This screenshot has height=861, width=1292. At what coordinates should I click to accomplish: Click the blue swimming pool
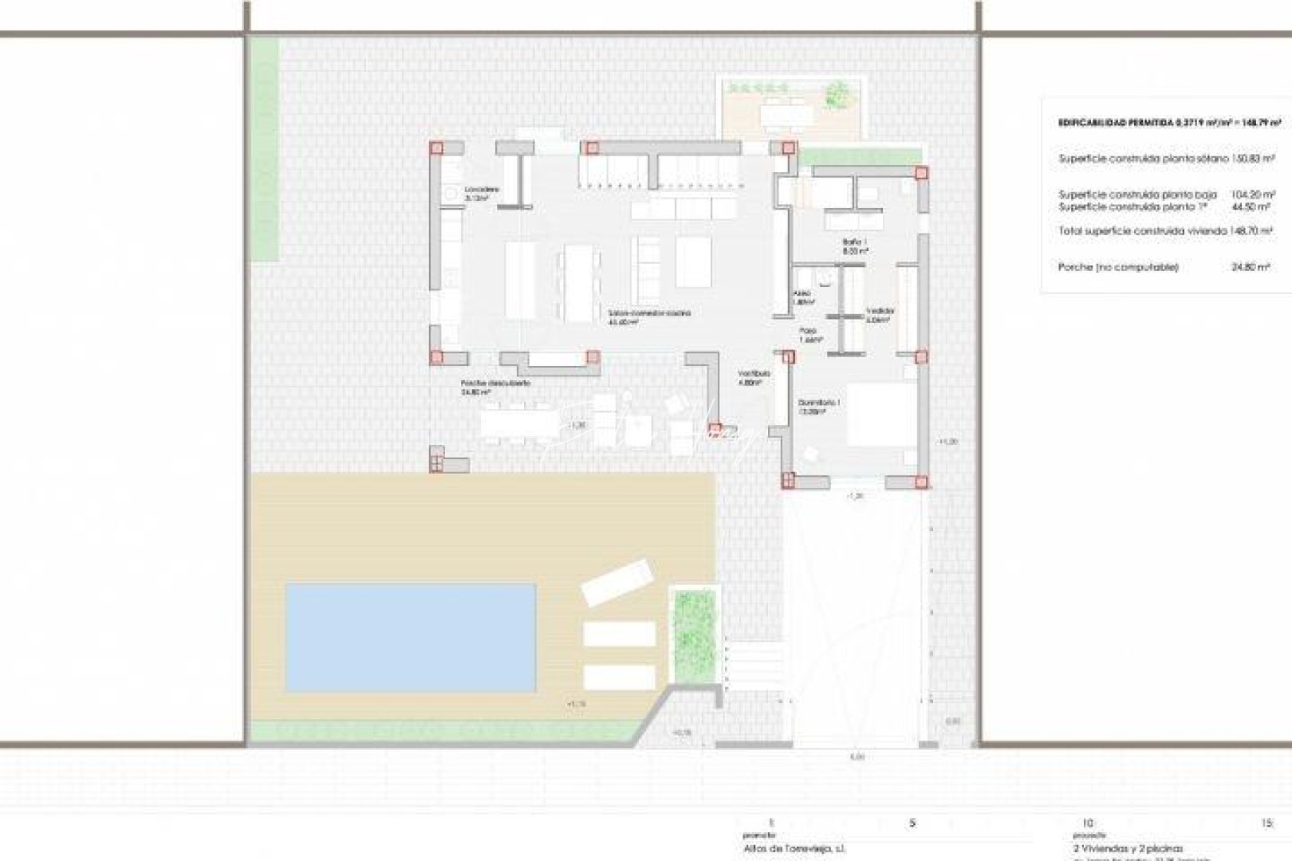click(x=411, y=636)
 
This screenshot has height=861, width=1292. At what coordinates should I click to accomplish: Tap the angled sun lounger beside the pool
click(x=617, y=582)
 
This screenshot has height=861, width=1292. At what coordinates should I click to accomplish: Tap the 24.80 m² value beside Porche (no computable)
click(x=1251, y=268)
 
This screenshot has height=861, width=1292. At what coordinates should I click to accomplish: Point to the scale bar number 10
click(x=1086, y=824)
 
